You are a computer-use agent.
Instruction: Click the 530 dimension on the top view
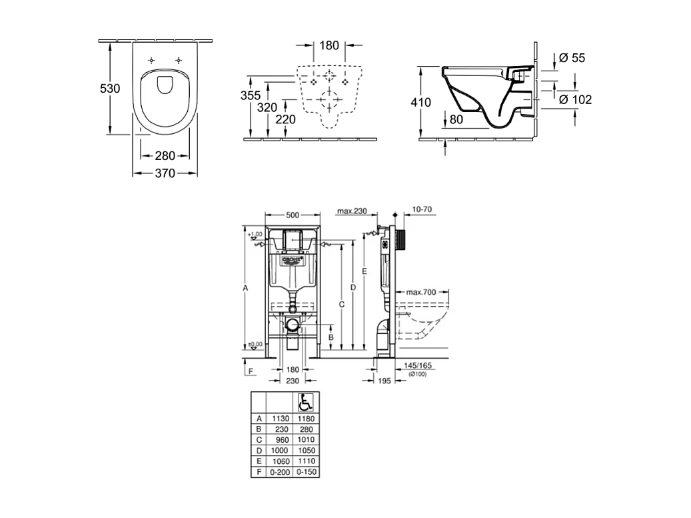point(110,88)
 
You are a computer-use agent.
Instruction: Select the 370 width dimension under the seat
point(165,173)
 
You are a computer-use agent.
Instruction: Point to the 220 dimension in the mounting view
point(285,119)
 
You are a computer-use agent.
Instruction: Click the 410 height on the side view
point(421,103)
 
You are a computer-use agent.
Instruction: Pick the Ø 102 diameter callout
point(574,100)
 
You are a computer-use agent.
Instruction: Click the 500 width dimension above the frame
point(292,214)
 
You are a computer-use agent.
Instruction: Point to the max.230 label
point(352,211)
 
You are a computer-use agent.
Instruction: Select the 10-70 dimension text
point(422,209)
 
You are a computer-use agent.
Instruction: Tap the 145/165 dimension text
point(418,366)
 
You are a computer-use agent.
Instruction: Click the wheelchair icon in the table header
point(305,402)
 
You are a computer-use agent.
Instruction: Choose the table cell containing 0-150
point(305,472)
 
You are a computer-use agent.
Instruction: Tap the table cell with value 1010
point(305,440)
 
